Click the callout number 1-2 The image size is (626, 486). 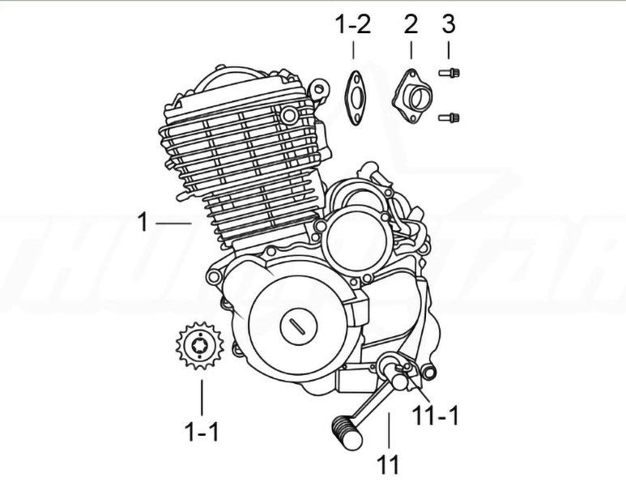353,24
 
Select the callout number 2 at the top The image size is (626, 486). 411,24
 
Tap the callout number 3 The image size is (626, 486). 449,24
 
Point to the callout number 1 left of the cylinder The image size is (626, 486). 143,222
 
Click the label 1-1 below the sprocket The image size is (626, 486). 202,432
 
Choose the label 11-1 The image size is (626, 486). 435,416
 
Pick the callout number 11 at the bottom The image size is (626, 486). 388,464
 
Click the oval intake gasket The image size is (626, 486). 355,97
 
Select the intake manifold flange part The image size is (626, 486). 412,96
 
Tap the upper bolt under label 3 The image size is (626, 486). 449,73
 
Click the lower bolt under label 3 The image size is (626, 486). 449,117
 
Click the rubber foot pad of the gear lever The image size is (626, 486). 346,433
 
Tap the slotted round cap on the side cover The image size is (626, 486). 299,327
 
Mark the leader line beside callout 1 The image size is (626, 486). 173,223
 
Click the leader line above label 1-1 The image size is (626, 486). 202,397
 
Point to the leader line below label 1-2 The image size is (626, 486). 353,50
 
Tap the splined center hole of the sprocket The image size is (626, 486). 199,345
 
